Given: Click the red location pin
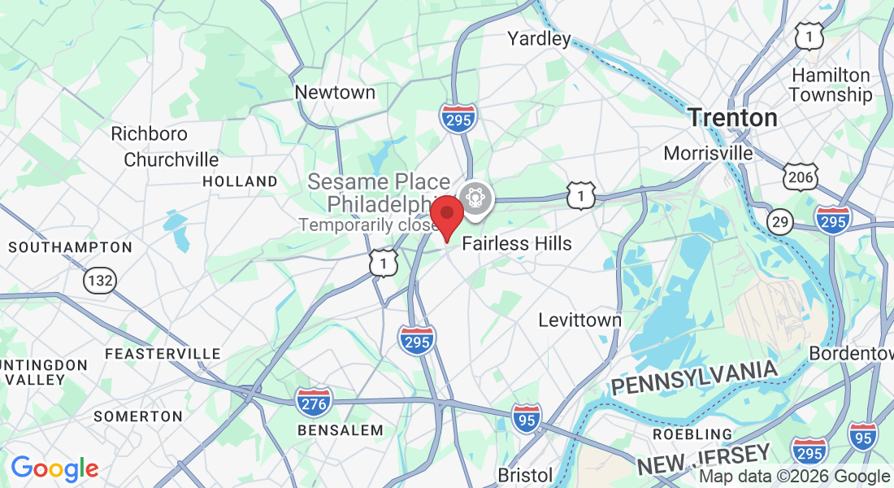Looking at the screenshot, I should tap(446, 216).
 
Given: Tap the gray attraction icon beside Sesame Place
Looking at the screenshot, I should tap(475, 197).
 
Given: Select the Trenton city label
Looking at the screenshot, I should tap(732, 118).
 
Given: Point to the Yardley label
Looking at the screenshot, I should tap(539, 38).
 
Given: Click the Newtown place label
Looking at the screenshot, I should tap(335, 93).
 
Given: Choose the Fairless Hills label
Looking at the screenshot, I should tap(517, 243).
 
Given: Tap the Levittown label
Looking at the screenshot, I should tap(579, 320).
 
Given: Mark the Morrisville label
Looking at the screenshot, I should tap(708, 153).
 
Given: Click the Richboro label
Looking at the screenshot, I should tap(149, 133).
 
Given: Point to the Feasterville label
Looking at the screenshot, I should tap(163, 354).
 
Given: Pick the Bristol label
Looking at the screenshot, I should tap(525, 474).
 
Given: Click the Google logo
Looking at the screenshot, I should tap(54, 468).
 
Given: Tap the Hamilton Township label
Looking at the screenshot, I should tap(830, 85).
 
